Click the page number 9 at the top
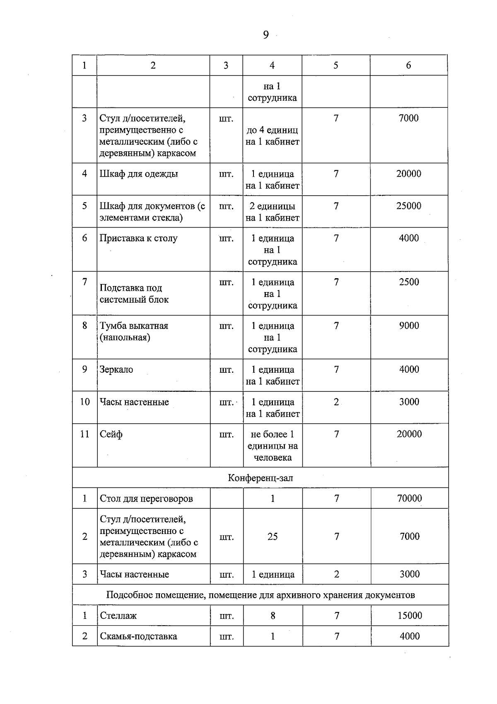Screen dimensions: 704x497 (x=265, y=35)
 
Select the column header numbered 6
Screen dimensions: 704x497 (x=408, y=65)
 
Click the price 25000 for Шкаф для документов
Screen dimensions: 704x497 (x=408, y=206)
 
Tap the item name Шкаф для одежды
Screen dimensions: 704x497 (x=139, y=174)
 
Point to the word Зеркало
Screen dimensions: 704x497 (x=116, y=369)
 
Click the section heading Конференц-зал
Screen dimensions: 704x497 (x=260, y=478)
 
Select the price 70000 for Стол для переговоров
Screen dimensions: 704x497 (x=409, y=498)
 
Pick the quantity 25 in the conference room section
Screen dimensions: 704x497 (x=272, y=536)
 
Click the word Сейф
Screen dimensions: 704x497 (x=111, y=434)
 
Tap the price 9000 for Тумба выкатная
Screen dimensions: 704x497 (x=409, y=325)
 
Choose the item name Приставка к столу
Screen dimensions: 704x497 (x=138, y=238)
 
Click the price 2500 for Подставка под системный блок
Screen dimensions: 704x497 (x=409, y=282)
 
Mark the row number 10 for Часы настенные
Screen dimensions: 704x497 (x=84, y=402)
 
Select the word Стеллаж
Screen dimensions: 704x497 (x=118, y=616)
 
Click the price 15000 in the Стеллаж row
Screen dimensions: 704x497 (x=409, y=616)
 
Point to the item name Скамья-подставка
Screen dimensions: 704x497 (x=138, y=636)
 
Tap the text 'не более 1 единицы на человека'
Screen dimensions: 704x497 (x=273, y=446)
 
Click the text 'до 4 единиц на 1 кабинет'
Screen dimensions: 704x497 (x=272, y=136)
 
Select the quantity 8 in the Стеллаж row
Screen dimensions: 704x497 (x=273, y=616)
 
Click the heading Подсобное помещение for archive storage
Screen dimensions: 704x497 (x=260, y=595)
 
